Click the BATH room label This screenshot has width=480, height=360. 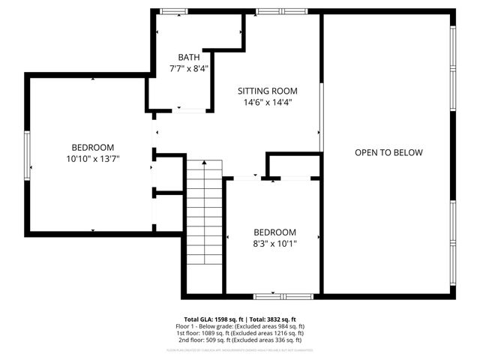coord(189,58)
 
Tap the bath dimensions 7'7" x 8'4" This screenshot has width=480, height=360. coord(189,68)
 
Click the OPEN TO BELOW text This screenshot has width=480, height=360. coord(388,153)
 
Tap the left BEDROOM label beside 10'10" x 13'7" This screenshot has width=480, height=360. coord(93,147)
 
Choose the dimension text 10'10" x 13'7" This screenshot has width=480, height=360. coord(93,158)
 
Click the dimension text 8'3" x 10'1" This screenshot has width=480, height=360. coord(274,244)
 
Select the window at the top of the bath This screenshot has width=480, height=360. coord(173,11)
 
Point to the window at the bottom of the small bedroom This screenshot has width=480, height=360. coord(274,296)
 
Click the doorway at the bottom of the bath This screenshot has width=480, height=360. coord(191,111)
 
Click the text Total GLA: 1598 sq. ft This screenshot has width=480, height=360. coord(212,319)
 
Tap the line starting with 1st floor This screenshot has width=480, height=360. coord(240,333)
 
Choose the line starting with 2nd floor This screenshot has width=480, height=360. coord(240,340)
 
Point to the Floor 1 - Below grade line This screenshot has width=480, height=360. coord(240,326)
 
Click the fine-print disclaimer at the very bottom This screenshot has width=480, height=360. coord(240,349)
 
